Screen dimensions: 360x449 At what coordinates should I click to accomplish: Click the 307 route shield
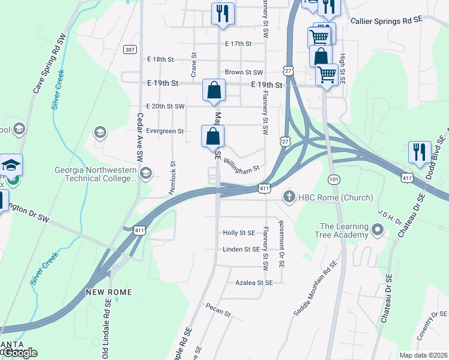(x=130, y=49)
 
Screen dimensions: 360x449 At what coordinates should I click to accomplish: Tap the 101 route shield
(x=334, y=179)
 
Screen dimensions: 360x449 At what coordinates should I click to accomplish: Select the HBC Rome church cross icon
(x=289, y=197)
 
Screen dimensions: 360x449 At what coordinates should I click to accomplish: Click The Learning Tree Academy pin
(x=378, y=230)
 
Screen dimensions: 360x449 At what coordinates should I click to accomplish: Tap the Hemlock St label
(x=172, y=177)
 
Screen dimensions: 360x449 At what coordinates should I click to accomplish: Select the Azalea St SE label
(x=254, y=282)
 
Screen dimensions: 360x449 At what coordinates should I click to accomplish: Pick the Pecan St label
(x=217, y=311)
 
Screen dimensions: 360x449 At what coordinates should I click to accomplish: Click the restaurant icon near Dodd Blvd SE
(x=419, y=151)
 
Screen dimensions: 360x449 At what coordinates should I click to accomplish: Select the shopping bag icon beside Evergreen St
(x=213, y=136)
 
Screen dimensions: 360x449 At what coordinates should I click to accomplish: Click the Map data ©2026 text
(x=423, y=355)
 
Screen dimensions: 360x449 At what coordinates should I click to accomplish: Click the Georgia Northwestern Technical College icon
(x=145, y=174)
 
